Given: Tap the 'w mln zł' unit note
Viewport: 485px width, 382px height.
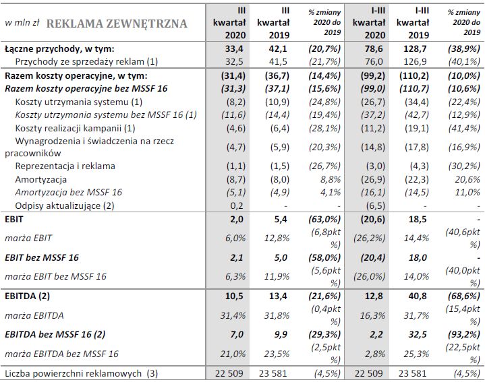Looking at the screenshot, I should (x=21, y=24).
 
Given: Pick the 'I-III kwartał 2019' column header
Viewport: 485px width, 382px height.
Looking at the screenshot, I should (x=412, y=22).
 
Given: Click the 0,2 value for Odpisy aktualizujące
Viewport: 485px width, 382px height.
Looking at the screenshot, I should (x=237, y=205).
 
